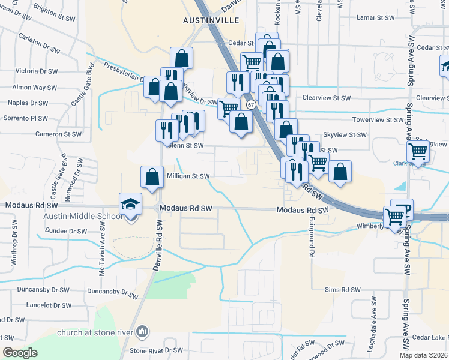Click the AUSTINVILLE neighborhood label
point(211,20)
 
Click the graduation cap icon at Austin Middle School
point(130,204)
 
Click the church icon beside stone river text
point(142,331)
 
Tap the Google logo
point(20,352)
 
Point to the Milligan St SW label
point(188,176)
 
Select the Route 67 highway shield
point(251,104)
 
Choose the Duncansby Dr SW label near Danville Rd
point(112,293)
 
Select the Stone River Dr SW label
point(156,350)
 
